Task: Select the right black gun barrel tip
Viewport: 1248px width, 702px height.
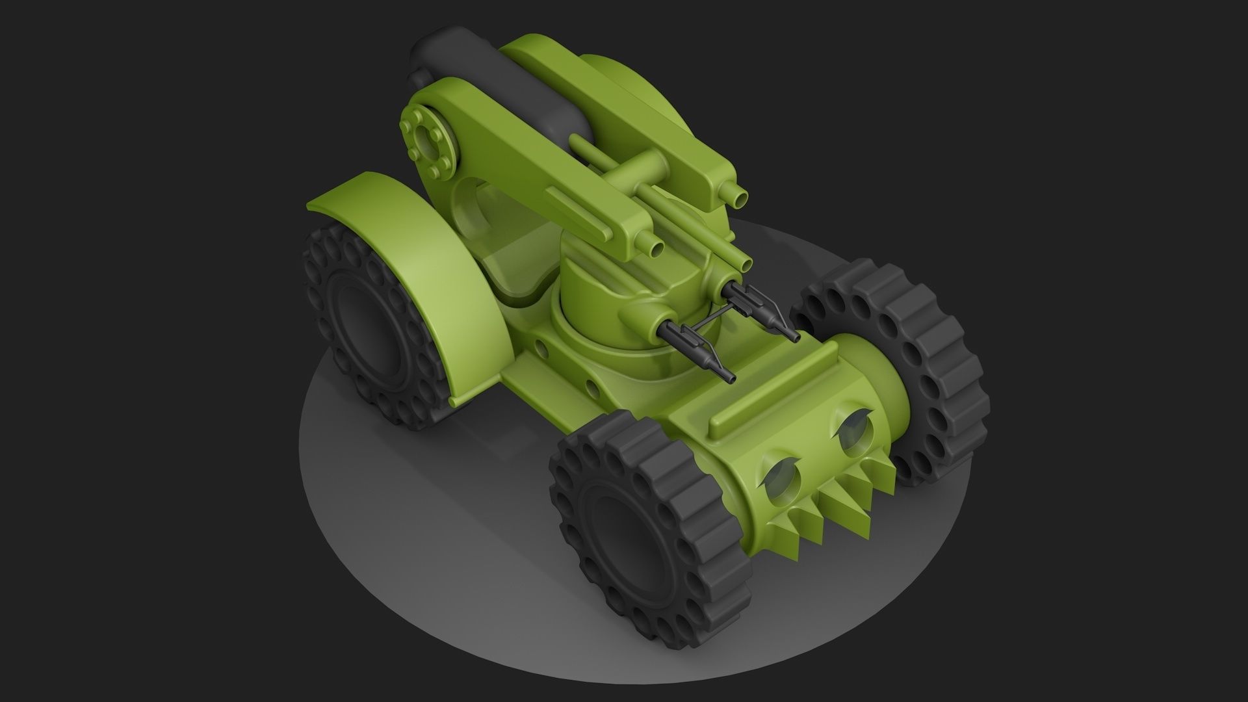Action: click(794, 337)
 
